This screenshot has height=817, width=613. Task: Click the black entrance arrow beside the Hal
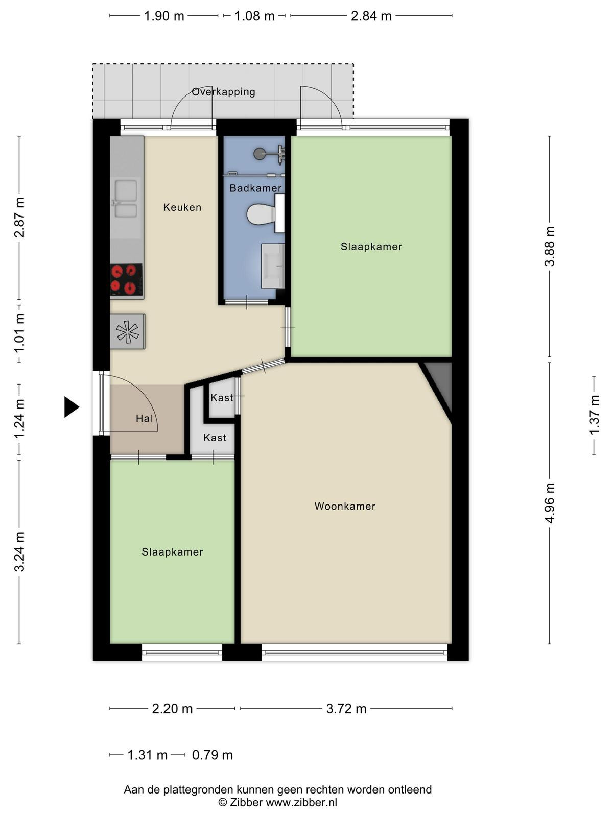[x=71, y=407]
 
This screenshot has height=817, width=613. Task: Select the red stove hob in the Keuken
[x=127, y=279]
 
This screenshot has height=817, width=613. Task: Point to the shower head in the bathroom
[x=260, y=153]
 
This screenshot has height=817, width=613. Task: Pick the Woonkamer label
[x=345, y=506]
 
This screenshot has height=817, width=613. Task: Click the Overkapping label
[x=223, y=92]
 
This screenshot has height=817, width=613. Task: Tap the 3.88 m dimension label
[x=550, y=246]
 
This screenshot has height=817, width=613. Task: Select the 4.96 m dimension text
[x=550, y=503]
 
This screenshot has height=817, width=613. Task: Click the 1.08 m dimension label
[x=254, y=16]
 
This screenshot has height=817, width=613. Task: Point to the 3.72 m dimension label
[x=346, y=708]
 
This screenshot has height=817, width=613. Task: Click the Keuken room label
[x=182, y=207]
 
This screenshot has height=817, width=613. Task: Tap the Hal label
[x=144, y=419]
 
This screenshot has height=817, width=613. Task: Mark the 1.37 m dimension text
[x=594, y=415]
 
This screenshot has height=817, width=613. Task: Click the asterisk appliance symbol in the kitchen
[x=127, y=331]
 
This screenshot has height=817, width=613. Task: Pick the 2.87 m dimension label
[x=20, y=218]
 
